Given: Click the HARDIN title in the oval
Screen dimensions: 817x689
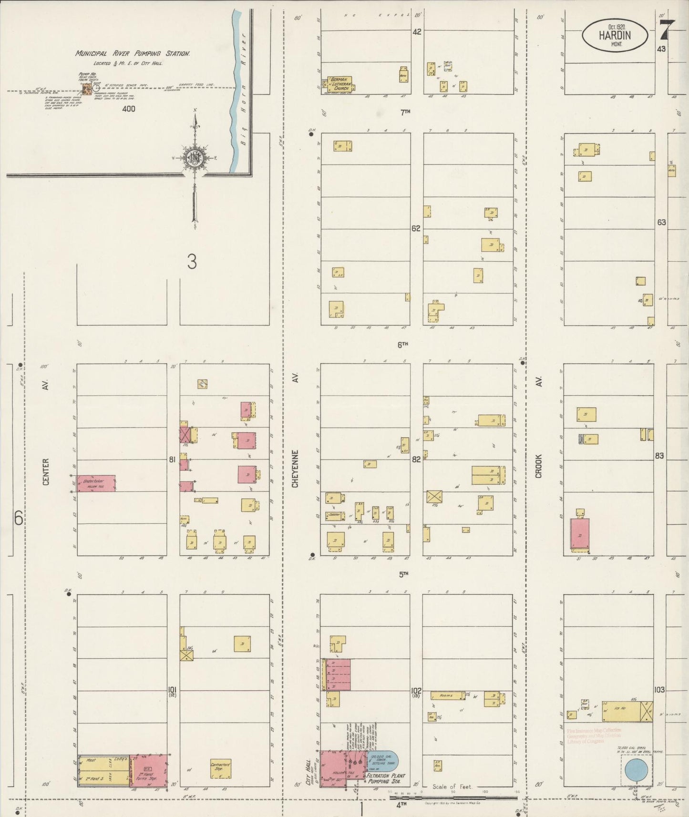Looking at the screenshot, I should click(615, 35).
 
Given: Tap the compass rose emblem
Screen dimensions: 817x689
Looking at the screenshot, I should click(195, 156).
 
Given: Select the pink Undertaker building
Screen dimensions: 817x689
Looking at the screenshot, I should click(97, 483).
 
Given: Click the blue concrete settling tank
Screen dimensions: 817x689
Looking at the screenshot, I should click(384, 761).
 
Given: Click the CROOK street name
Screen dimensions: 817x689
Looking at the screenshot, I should click(538, 466).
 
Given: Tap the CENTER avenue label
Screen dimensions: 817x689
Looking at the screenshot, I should click(46, 471).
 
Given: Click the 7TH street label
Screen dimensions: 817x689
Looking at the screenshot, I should click(405, 112).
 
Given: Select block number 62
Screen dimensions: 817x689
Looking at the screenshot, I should click(416, 228).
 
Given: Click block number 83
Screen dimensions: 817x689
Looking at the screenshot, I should click(659, 456).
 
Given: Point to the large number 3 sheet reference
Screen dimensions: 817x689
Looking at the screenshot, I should click(192, 262).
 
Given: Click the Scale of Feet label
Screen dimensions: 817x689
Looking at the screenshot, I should click(452, 786).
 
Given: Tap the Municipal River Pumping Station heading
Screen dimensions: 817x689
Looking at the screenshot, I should click(133, 54).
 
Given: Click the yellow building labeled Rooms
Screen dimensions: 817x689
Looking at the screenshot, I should click(447, 695).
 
